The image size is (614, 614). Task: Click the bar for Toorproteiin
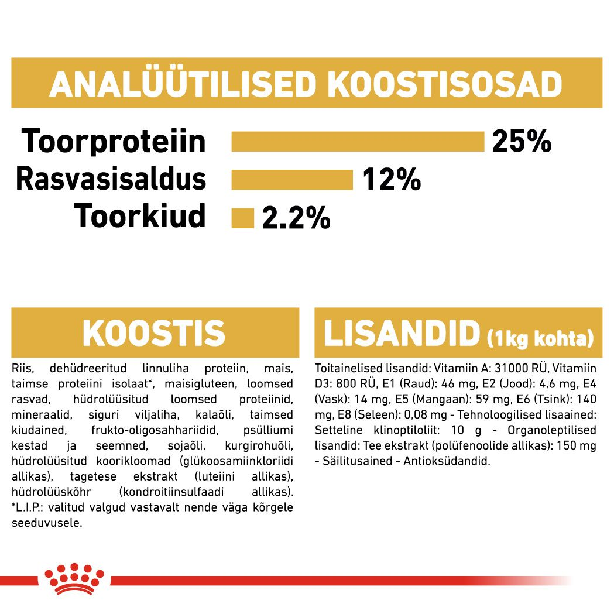point(358,142)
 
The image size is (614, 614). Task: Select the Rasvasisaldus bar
point(292,180)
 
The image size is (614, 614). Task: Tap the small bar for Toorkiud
point(243,218)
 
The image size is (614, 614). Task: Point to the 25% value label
point(522,142)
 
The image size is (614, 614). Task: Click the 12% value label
point(391,180)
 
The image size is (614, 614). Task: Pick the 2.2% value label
point(296,218)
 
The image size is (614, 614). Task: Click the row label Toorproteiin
point(114,142)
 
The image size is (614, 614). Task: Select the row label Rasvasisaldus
point(111,179)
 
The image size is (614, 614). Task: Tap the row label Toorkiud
point(140,217)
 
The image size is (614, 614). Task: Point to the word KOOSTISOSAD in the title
point(444,85)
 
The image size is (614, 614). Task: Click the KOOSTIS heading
point(154,333)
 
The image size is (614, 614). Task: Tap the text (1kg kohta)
point(540,338)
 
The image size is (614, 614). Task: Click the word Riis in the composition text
point(23,369)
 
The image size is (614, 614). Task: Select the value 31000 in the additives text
point(514,369)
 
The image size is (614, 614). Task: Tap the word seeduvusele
point(47,523)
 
